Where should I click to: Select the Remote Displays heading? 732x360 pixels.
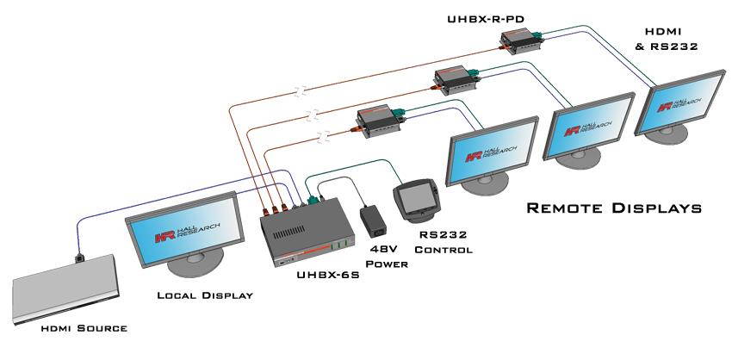click(x=613, y=208)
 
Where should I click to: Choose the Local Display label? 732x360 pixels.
click(x=204, y=295)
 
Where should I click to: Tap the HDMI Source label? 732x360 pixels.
click(x=84, y=328)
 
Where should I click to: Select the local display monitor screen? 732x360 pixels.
click(x=186, y=228)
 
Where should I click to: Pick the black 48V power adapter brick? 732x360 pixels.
click(x=377, y=220)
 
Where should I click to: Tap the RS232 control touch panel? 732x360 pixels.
click(x=416, y=201)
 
